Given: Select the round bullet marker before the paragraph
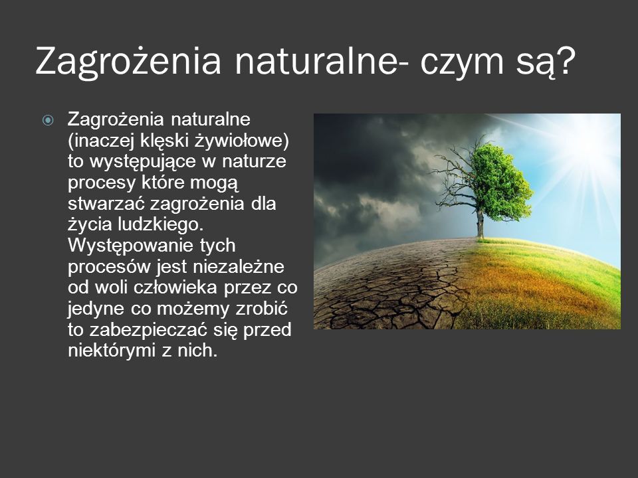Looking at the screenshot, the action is click(48, 120).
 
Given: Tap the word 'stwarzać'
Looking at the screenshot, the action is click(106, 203).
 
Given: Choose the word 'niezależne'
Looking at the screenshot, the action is click(239, 267).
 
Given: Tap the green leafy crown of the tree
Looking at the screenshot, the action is click(500, 183).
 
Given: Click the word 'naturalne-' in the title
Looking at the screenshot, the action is click(320, 61).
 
